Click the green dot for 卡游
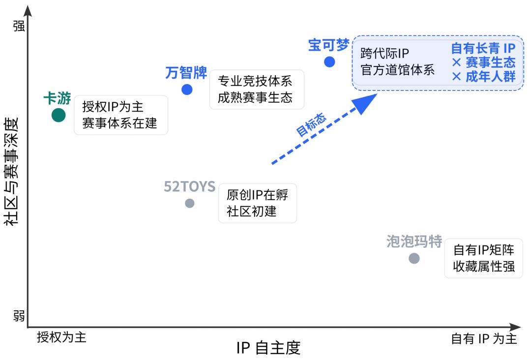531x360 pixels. [x=59, y=115]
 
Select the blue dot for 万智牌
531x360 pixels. [x=187, y=90]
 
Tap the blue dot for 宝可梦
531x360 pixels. [x=329, y=62]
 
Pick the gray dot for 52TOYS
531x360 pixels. [x=190, y=203]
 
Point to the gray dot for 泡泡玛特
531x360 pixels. [x=414, y=258]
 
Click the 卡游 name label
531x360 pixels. [x=57, y=98]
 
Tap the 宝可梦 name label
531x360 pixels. [x=328, y=45]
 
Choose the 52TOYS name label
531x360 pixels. [x=189, y=187]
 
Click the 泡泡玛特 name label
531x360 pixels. [x=414, y=242]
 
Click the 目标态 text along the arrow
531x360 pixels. [x=310, y=125]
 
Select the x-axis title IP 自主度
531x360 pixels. [x=268, y=348]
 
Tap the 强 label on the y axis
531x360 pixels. [x=19, y=26]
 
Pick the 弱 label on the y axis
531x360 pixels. [x=19, y=315]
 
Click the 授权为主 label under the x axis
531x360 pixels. [x=61, y=338]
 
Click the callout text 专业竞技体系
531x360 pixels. [x=255, y=81]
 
